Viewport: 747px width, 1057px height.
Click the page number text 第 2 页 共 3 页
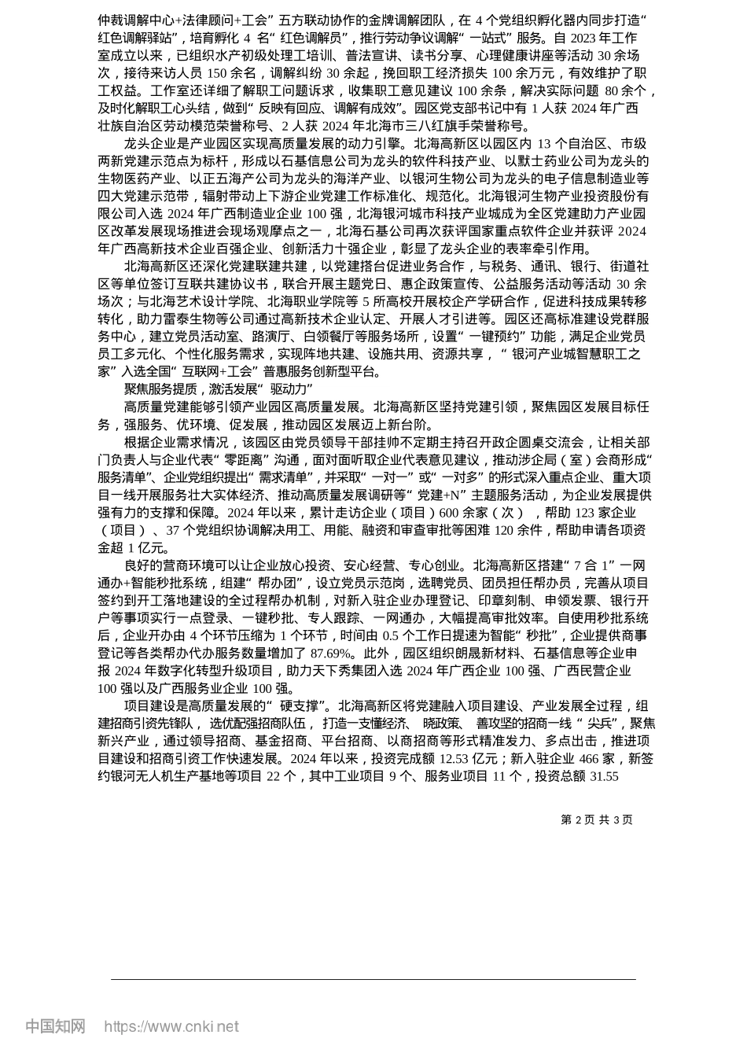(596, 819)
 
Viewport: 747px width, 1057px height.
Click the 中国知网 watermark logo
(55, 1026)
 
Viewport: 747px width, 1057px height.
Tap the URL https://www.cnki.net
(171, 1026)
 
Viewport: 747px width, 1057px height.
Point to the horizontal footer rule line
(373, 979)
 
